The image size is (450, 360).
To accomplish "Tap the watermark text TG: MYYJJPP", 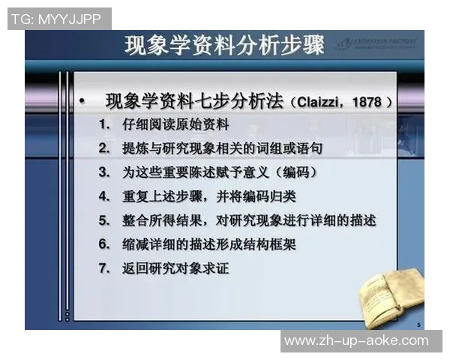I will click(58, 19).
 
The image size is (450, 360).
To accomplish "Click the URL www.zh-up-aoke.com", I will click(357, 340).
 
